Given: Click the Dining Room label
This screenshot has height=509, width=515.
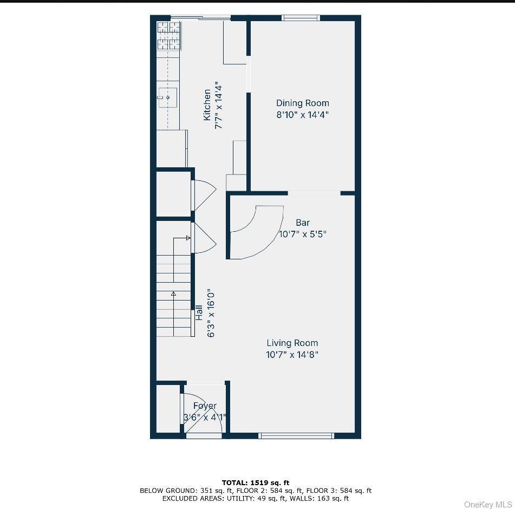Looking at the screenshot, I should pos(302,103).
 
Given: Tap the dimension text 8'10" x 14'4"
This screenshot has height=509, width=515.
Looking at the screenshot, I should pos(302,115).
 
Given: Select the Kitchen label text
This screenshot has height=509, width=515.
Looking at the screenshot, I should pos(207,105).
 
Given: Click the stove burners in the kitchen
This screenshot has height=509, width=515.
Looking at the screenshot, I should pos(169,36).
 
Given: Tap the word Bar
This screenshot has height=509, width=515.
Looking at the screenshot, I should pos(303,223).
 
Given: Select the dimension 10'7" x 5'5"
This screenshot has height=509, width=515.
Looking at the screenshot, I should pos(303,234).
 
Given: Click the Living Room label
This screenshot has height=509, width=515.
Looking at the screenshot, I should pos(292,343).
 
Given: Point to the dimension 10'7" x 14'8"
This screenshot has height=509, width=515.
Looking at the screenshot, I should pos(292,355).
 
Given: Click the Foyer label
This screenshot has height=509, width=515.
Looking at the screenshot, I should pos(205,406).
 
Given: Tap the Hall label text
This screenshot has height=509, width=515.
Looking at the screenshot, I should pos(199,312).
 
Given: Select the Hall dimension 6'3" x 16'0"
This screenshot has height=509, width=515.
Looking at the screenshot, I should pos(211,312).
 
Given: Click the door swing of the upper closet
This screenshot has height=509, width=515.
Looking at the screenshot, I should pos(204,195).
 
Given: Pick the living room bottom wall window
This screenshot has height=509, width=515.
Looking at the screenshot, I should pos(296,435).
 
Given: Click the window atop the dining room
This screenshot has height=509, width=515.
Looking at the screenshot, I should pos(301,18).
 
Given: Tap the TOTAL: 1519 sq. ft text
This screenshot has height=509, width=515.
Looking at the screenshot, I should pos(255,482).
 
